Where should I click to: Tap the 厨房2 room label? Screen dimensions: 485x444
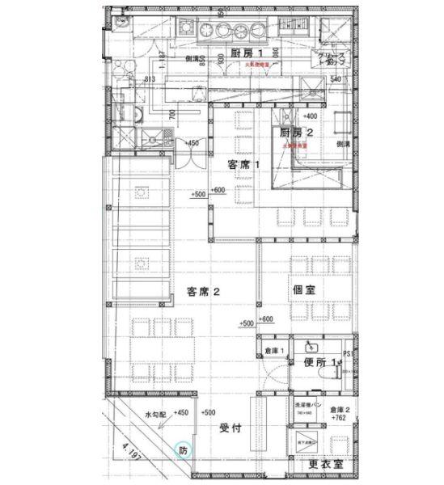coord(297,132)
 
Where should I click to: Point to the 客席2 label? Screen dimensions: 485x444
coord(205,293)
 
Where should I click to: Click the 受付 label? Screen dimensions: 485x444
coord(232,428)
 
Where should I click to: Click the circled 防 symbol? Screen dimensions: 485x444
coord(183,450)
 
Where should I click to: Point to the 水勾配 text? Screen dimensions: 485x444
coord(155,414)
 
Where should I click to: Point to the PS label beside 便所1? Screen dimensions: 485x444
coord(349,353)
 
